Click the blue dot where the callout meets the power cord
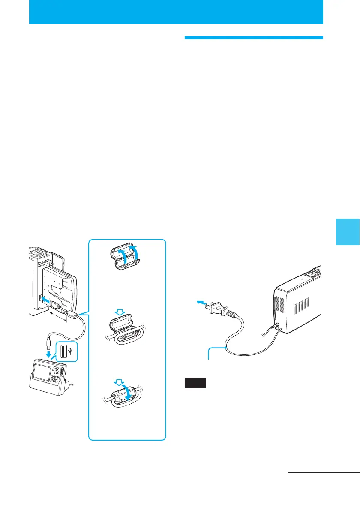tap(225, 348)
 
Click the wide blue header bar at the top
tap(176, 12)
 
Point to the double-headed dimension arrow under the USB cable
tap(58, 317)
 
